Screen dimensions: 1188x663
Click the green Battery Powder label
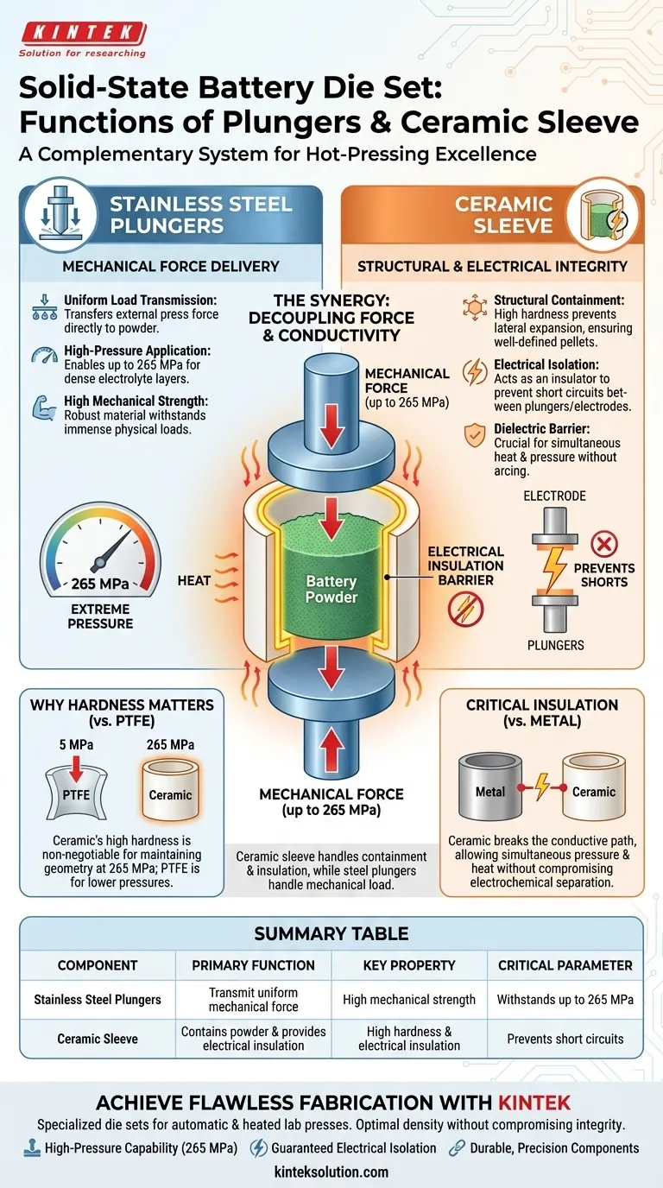[331, 590]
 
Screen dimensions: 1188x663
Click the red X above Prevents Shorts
[603, 543]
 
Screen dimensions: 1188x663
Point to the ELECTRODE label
[555, 496]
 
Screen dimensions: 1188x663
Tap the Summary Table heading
[331, 933]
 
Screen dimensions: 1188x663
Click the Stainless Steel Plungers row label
[98, 999]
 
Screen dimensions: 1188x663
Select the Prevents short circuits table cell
[565, 1039]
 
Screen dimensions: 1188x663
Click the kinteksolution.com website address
[331, 1172]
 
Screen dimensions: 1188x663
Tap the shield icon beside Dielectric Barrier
[475, 434]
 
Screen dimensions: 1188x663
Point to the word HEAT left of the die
[194, 580]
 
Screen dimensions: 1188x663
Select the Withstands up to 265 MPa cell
[565, 999]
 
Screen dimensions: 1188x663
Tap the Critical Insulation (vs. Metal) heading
[542, 713]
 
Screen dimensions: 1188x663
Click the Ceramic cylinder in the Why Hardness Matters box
[170, 787]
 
